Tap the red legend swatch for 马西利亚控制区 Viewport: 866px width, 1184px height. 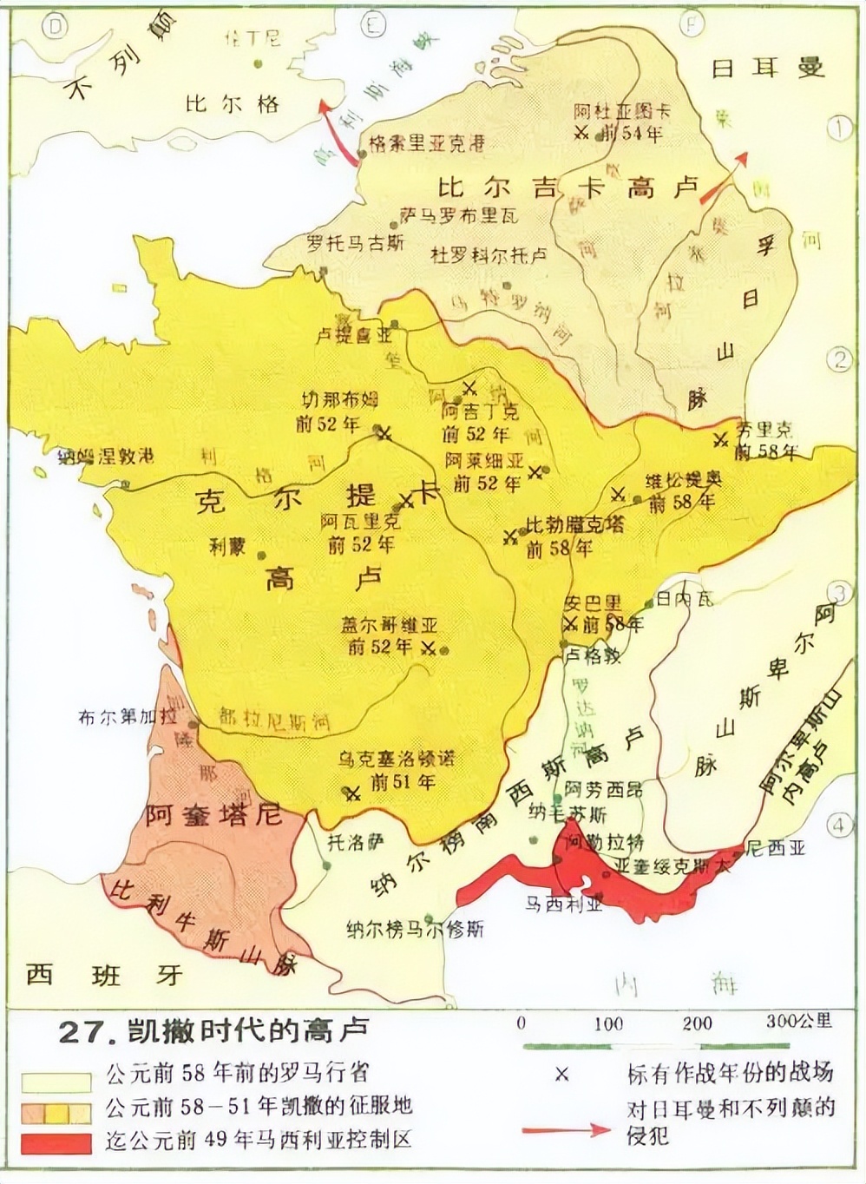56,1143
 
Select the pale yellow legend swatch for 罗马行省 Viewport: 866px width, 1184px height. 56,1082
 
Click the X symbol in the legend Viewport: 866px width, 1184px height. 561,1075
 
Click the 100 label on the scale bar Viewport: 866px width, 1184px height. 608,1023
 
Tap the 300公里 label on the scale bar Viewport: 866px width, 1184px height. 798,1022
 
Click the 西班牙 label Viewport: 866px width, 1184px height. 104,974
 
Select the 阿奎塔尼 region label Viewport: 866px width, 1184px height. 213,815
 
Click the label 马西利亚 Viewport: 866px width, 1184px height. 563,904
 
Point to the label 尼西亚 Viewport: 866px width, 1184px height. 776,848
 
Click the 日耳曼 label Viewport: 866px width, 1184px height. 767,67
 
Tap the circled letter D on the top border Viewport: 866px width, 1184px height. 56,27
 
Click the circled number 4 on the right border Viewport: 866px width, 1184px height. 839,824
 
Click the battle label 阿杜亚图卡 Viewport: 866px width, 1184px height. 622,111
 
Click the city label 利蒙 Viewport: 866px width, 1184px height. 227,546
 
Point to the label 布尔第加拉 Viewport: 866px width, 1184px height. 127,717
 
